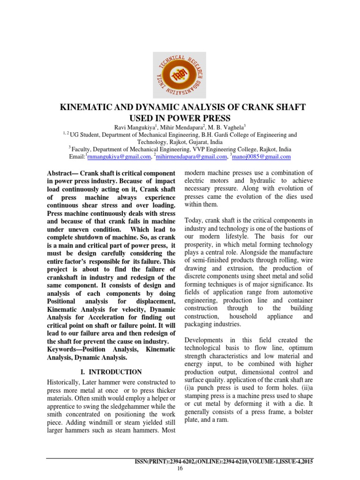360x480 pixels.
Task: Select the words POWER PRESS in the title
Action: click(203, 118)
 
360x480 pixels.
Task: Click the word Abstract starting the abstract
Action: click(63, 174)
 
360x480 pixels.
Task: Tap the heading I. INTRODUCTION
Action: click(112, 359)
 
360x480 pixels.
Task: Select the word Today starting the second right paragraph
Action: click(195, 220)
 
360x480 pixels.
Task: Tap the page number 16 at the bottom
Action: click(180, 468)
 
